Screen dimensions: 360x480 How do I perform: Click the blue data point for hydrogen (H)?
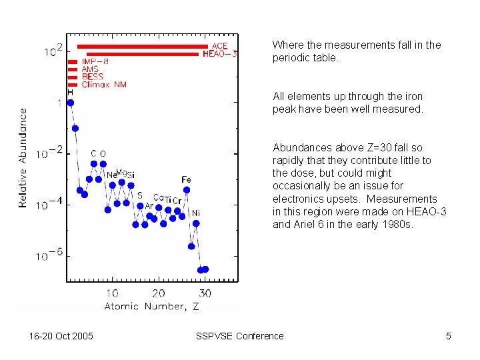coord(71,103)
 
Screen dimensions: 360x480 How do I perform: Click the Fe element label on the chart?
coord(186,179)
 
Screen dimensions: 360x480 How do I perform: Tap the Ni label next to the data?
coord(196,213)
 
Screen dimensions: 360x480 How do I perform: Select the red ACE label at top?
coord(220,46)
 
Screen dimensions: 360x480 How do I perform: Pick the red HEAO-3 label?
coord(219,54)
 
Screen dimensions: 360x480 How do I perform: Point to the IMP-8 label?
coord(95,61)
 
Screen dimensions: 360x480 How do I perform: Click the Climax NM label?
coord(103,85)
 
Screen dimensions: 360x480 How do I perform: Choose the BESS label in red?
coord(92,77)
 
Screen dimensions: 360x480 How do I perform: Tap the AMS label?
coord(90,69)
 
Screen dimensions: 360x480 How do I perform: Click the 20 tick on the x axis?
coord(159,293)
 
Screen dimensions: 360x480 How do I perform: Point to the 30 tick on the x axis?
coord(205,293)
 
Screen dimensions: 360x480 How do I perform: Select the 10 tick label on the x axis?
coord(112,293)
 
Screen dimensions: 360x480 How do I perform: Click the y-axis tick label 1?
coord(59,103)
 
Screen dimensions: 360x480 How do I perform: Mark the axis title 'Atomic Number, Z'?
coord(151,306)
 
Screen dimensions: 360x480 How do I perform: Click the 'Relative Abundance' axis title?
coord(23,158)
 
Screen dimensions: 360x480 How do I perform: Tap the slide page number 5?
coord(449,336)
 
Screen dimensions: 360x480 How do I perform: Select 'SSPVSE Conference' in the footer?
coord(239,336)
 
